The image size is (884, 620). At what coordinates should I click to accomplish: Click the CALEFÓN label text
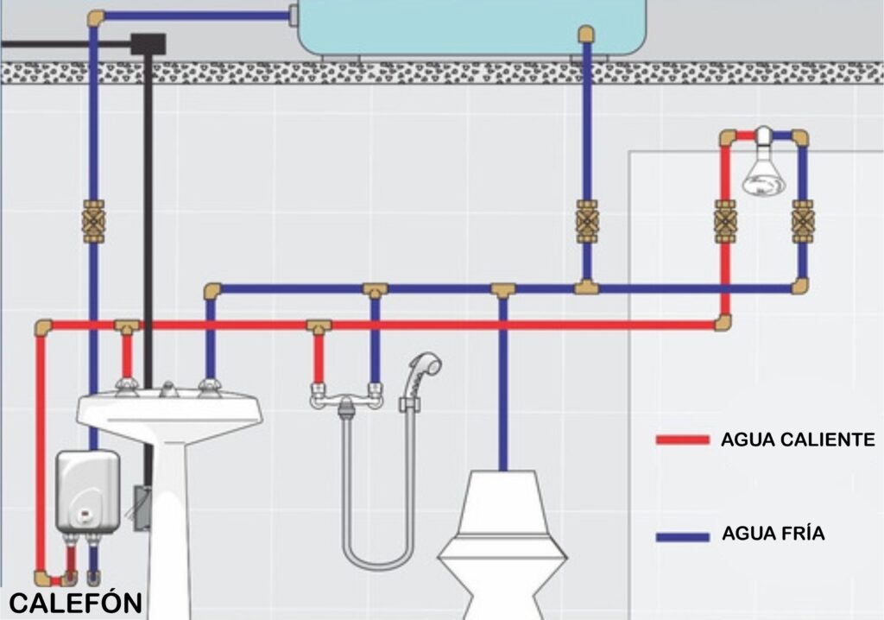point(76,603)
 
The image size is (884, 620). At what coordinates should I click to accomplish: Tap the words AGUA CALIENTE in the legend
point(798,440)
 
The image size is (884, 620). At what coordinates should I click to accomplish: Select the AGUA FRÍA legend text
point(773,533)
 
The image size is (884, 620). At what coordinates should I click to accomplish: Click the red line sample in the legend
point(682,440)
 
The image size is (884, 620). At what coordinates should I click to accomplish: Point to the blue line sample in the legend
point(682,537)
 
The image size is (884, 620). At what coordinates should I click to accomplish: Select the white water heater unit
point(88,492)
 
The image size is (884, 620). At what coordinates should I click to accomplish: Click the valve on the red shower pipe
point(724,222)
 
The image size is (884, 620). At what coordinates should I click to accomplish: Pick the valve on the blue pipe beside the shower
point(802,222)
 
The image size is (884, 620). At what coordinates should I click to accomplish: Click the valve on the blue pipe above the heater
point(93,222)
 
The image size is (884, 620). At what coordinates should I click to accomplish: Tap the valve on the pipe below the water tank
point(586,222)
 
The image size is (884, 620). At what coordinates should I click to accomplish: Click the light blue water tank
point(471,27)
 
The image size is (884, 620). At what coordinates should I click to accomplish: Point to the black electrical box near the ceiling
point(148,44)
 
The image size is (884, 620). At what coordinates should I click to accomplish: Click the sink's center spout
point(168,389)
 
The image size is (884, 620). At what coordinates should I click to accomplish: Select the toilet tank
point(503,505)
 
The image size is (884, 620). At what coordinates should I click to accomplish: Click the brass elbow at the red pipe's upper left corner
point(43,327)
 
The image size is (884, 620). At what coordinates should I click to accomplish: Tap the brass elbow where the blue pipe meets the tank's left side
point(97,19)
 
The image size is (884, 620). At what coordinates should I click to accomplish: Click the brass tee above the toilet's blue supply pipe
point(503,290)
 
